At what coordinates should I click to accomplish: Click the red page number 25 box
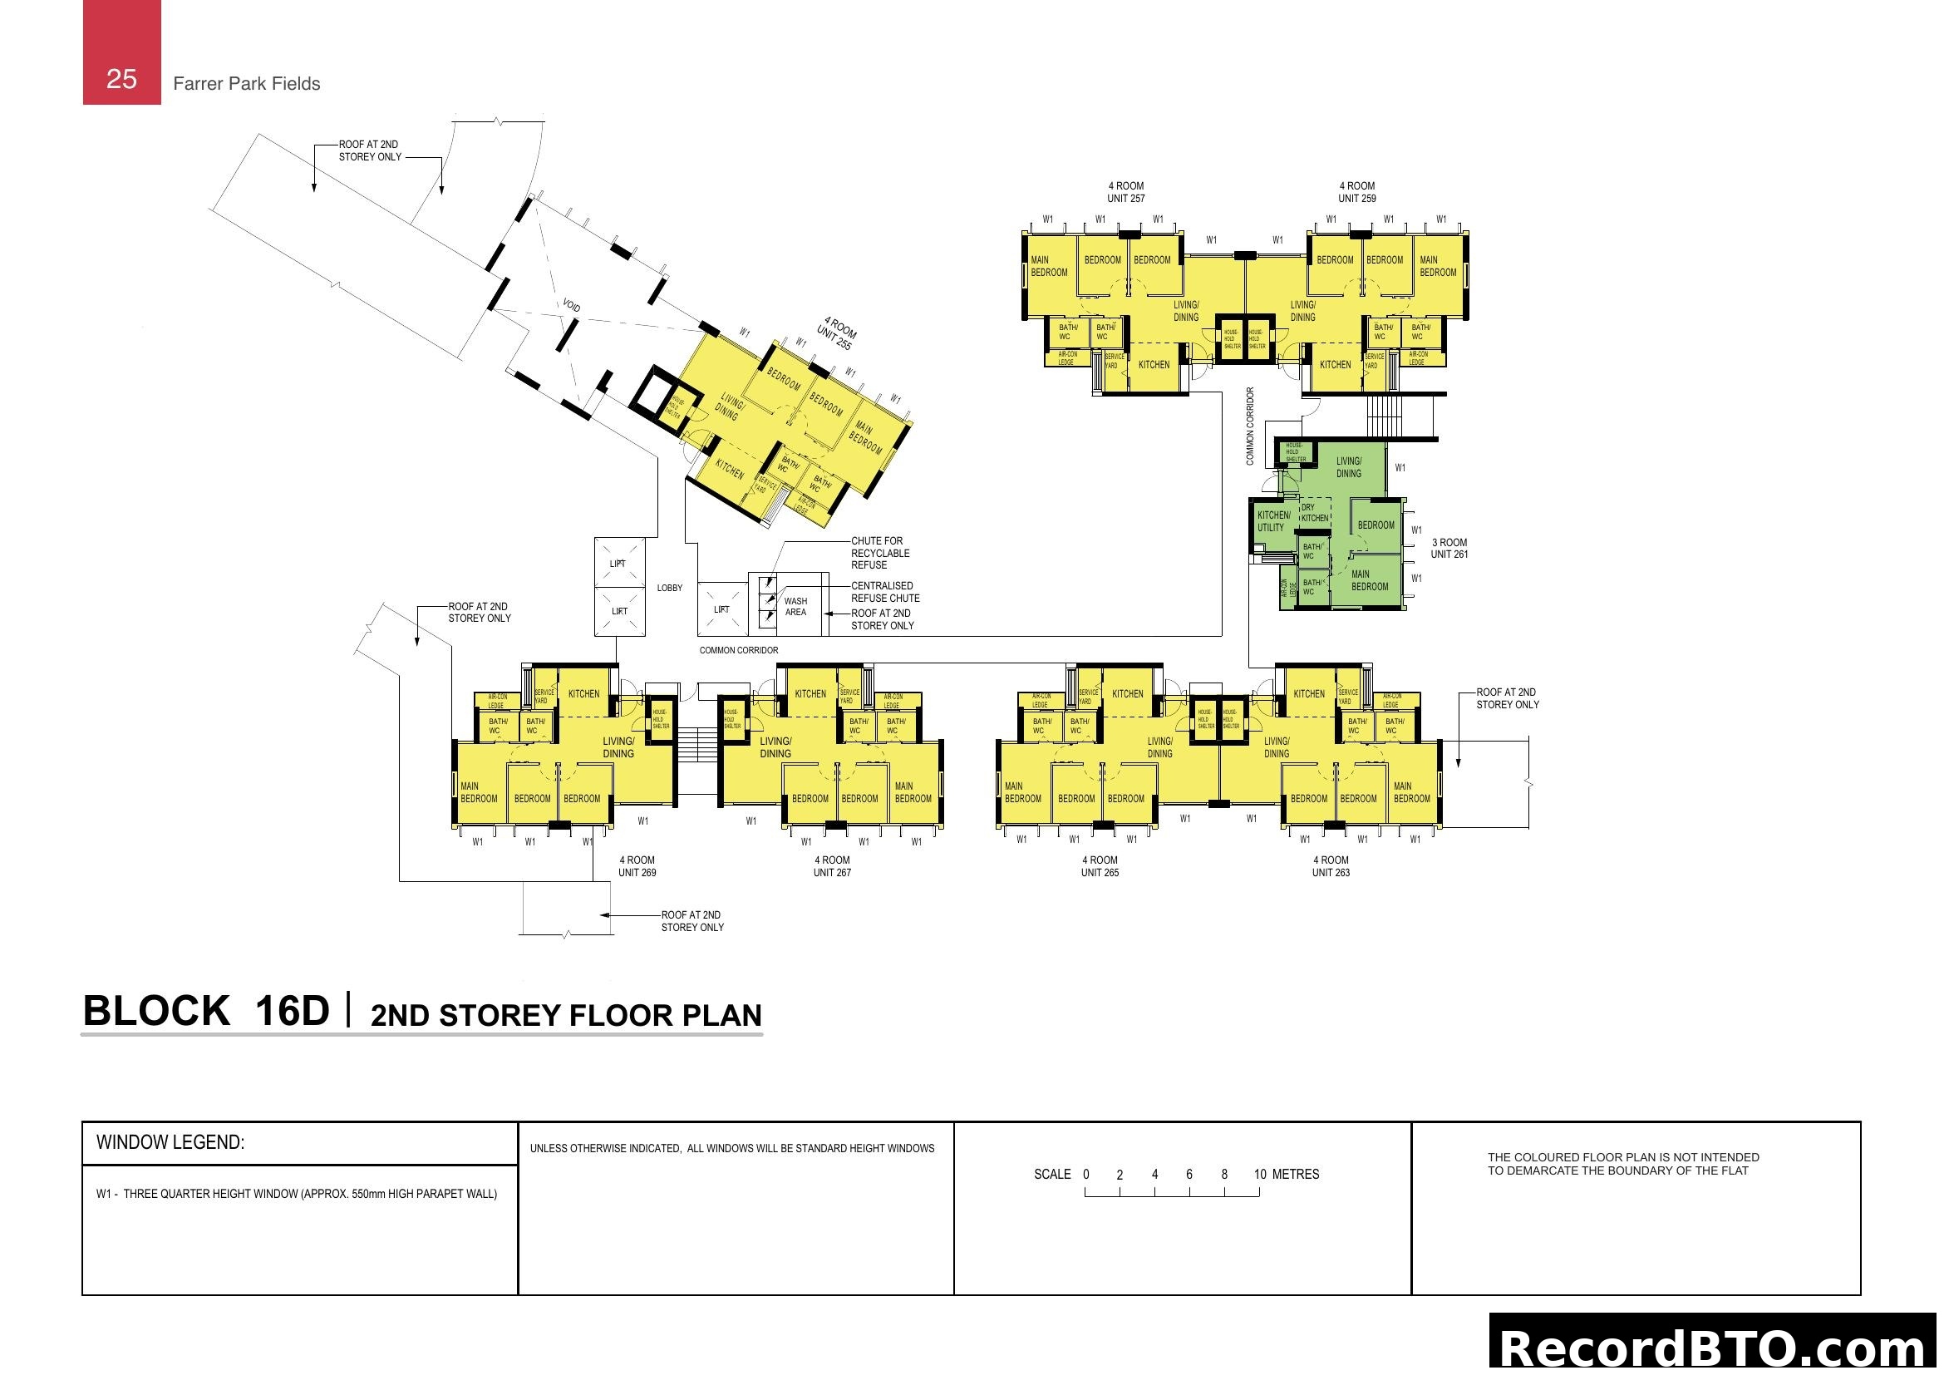pyautogui.click(x=121, y=52)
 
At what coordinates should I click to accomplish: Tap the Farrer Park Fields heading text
pyautogui.click(x=246, y=84)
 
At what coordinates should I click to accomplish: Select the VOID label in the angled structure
pyautogui.click(x=572, y=305)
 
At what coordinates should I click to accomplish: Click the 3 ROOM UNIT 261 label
pyautogui.click(x=1449, y=549)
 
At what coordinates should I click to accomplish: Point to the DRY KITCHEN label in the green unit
pyautogui.click(x=1314, y=513)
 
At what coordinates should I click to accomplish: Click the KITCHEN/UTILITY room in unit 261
pyautogui.click(x=1272, y=521)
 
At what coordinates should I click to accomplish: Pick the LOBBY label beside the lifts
pyautogui.click(x=669, y=588)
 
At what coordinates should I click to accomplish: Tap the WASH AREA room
pyautogui.click(x=795, y=607)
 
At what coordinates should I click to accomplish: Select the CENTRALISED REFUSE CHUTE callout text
pyautogui.click(x=885, y=592)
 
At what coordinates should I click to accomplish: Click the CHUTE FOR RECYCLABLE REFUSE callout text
pyautogui.click(x=879, y=553)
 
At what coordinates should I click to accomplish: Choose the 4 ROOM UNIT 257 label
pyautogui.click(x=1125, y=192)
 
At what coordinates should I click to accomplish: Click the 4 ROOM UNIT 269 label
pyautogui.click(x=637, y=866)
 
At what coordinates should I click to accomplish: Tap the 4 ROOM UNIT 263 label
pyautogui.click(x=1330, y=866)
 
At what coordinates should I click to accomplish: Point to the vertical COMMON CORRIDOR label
pyautogui.click(x=1250, y=426)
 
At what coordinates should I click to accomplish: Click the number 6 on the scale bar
pyautogui.click(x=1189, y=1175)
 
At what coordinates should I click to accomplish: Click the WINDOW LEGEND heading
pyautogui.click(x=170, y=1142)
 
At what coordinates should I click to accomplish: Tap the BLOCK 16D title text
pyautogui.click(x=206, y=1011)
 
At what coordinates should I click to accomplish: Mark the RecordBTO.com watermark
pyautogui.click(x=1715, y=1347)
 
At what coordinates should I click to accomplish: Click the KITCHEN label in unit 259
pyautogui.click(x=1336, y=365)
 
